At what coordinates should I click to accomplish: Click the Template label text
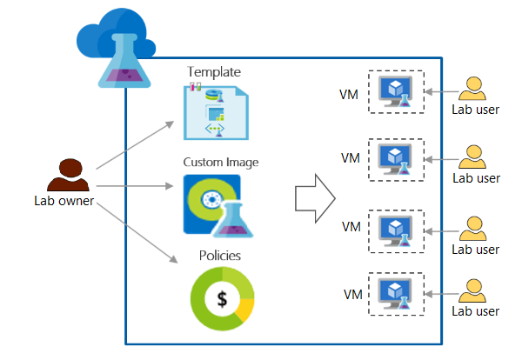pos(214,71)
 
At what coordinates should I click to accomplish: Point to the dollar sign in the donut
pos(223,299)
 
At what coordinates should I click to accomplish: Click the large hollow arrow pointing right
pos(313,199)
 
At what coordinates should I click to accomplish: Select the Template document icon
pos(213,111)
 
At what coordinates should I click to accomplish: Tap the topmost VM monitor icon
pos(397,90)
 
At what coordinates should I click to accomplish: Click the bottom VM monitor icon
pos(397,293)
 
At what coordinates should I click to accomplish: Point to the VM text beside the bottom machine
pos(351,293)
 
